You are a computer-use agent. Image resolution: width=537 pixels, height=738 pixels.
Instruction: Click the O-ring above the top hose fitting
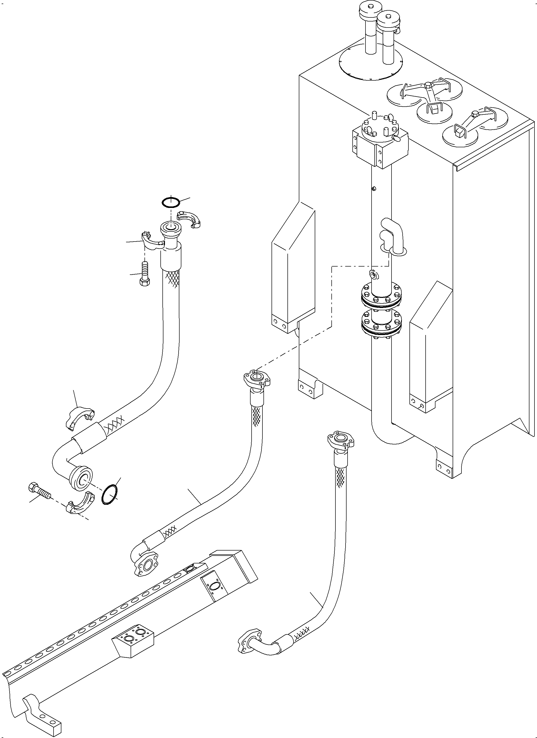170,202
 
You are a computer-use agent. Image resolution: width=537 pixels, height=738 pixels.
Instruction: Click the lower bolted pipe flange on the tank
381,326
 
